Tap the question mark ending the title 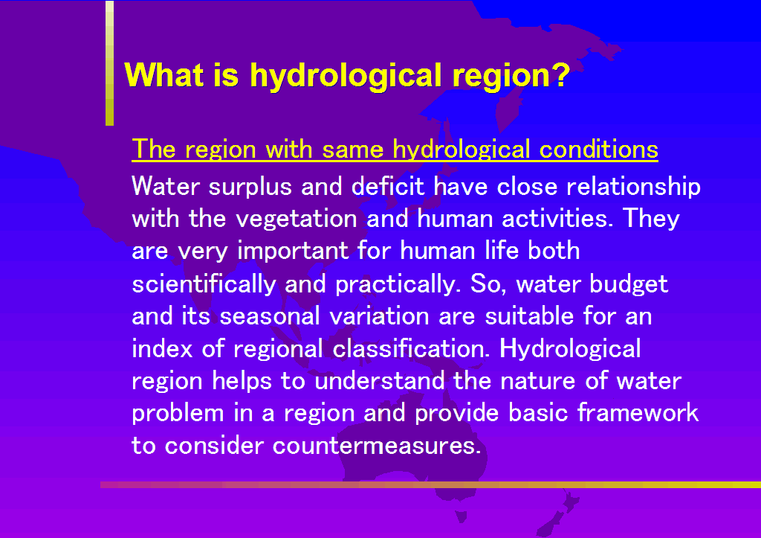561,74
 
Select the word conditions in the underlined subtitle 599,149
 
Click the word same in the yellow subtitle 353,150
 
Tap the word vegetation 297,219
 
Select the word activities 554,218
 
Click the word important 293,252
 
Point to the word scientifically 204,284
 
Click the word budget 629,284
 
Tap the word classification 411,348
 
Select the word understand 380,380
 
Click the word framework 638,412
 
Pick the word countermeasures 377,446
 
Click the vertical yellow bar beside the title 110,63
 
